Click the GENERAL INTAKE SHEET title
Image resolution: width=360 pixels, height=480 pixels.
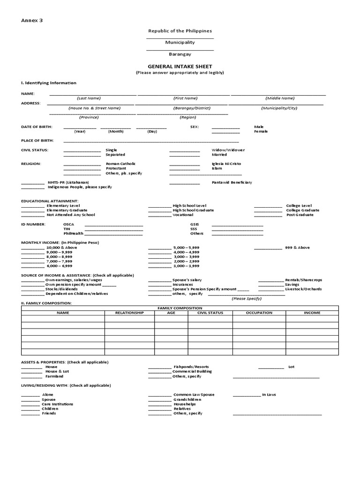[x=180, y=67]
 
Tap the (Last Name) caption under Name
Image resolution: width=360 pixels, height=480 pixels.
[x=89, y=98]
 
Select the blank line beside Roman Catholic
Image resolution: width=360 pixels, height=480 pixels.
[x=82, y=164]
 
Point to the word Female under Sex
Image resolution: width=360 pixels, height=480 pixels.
[x=261, y=131]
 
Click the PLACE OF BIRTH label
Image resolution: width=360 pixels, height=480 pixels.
[x=37, y=141]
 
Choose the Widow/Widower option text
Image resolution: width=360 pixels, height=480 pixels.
[x=228, y=150]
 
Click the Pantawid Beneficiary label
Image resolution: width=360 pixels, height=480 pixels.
[x=232, y=182]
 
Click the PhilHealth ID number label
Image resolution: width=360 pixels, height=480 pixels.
[x=74, y=233]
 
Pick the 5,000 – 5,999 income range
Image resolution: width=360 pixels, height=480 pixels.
[x=186, y=247]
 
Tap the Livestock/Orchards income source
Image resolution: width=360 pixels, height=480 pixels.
[x=304, y=289]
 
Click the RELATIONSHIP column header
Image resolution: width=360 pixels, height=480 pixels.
[x=129, y=313]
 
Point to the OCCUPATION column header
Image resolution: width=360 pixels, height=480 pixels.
[x=259, y=313]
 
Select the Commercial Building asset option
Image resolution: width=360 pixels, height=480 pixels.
[x=192, y=371]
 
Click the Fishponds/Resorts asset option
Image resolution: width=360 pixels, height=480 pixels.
[x=191, y=367]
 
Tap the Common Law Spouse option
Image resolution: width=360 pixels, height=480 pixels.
[x=194, y=395]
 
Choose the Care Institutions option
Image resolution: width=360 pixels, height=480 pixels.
[x=57, y=404]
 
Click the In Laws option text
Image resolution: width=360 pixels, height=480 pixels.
[x=269, y=395]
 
